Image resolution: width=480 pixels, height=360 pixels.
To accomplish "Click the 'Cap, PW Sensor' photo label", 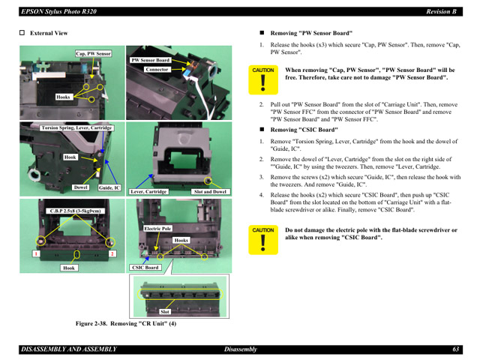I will coord(93,54).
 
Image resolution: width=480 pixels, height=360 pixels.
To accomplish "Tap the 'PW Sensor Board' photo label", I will coord(151,60).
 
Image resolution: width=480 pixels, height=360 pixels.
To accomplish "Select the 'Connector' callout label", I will coord(157,70).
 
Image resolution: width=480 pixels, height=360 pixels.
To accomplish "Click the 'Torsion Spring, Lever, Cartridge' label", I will coord(76,128).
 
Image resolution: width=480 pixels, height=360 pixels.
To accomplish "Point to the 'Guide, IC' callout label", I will coord(109,187).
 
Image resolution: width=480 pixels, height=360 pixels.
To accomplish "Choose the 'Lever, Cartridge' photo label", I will coord(148,192).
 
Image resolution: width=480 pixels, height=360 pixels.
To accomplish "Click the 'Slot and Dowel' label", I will coord(210,192).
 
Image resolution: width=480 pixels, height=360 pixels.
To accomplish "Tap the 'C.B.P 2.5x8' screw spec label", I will coord(75,211).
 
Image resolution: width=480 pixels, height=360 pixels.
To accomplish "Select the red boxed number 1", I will coord(34,254).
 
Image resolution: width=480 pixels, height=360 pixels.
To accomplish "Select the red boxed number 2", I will coord(112,254).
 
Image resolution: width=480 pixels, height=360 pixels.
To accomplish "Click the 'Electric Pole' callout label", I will coord(157,228).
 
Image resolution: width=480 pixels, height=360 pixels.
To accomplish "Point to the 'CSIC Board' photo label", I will coord(145,268).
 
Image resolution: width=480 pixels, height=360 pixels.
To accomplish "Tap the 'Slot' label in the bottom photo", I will coord(165,311).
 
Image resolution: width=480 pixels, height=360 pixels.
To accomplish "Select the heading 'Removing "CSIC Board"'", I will coord(304,130).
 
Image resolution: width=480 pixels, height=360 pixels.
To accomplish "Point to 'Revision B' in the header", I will coord(442,11).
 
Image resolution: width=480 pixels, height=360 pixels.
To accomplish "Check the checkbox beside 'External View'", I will coord(22,34).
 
